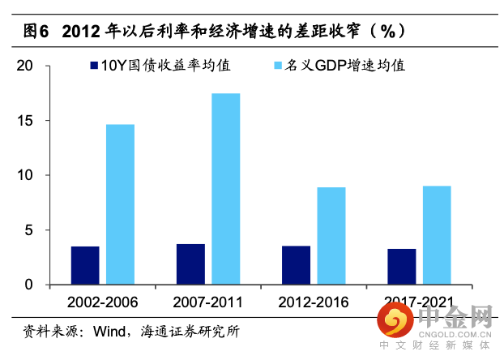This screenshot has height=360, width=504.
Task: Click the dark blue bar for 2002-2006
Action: point(85,265)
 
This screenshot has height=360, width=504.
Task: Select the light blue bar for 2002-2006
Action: point(120,204)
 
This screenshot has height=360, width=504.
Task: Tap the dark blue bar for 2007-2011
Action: point(190,264)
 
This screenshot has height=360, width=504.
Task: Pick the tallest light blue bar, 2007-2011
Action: point(225,189)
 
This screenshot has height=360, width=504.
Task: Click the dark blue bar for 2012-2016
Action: point(296,265)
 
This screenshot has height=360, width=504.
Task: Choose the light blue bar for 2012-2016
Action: point(331,236)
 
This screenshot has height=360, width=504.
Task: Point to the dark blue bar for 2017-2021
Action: point(401,267)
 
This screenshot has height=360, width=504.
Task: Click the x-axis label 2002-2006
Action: point(103,302)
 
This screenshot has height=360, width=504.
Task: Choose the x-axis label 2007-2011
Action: point(208,302)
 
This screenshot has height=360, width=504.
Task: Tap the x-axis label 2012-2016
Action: point(314,302)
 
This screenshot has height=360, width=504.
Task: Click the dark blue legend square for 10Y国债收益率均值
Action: point(94,64)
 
